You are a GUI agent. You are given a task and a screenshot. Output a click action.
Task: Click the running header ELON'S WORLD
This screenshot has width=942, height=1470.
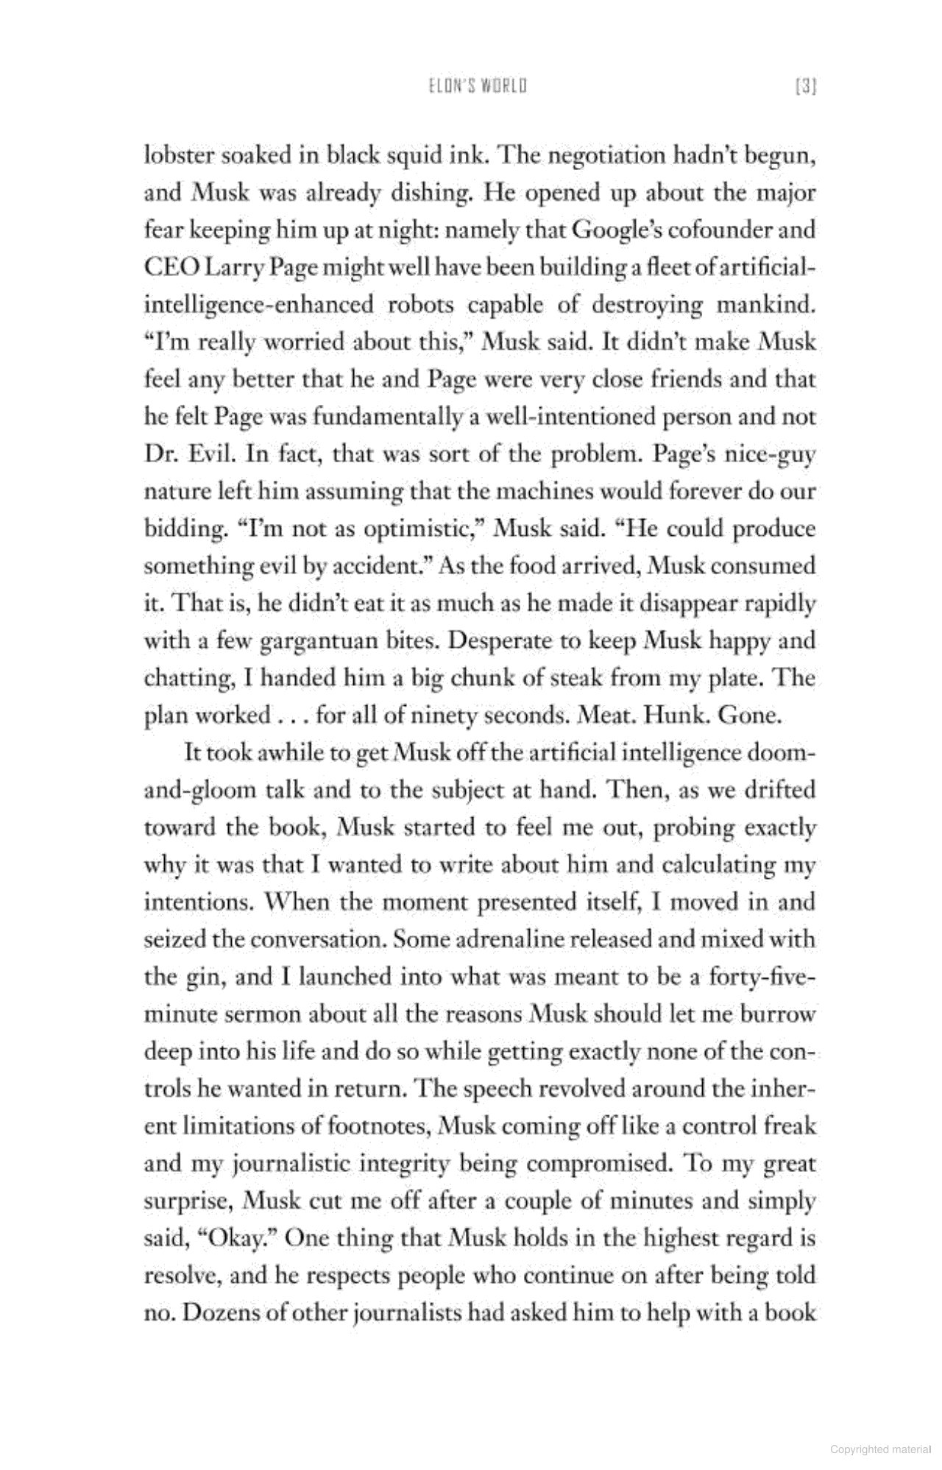[x=478, y=87]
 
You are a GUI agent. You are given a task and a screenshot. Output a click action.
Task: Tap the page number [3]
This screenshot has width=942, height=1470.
[x=807, y=87]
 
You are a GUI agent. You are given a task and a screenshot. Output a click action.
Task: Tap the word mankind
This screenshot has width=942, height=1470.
[x=766, y=305]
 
